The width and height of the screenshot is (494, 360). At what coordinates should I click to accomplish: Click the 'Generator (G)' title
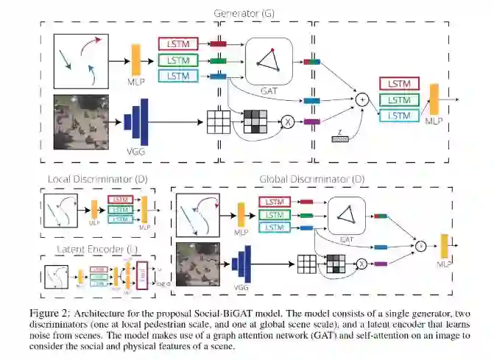pyautogui.click(x=245, y=13)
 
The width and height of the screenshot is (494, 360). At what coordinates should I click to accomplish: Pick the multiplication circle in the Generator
pyautogui.click(x=288, y=121)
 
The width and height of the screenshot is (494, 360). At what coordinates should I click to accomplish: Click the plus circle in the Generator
pyautogui.click(x=361, y=97)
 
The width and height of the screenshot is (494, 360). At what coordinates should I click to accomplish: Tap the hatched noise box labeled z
pyautogui.click(x=342, y=138)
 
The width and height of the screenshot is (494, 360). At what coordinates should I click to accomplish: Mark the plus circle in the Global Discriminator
pyautogui.click(x=420, y=245)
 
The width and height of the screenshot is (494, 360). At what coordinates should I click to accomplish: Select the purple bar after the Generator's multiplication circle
pyautogui.click(x=311, y=121)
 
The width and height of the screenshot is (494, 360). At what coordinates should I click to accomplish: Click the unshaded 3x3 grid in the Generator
pyautogui.click(x=218, y=120)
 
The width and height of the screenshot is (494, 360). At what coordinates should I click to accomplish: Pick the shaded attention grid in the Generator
pyautogui.click(x=255, y=120)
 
